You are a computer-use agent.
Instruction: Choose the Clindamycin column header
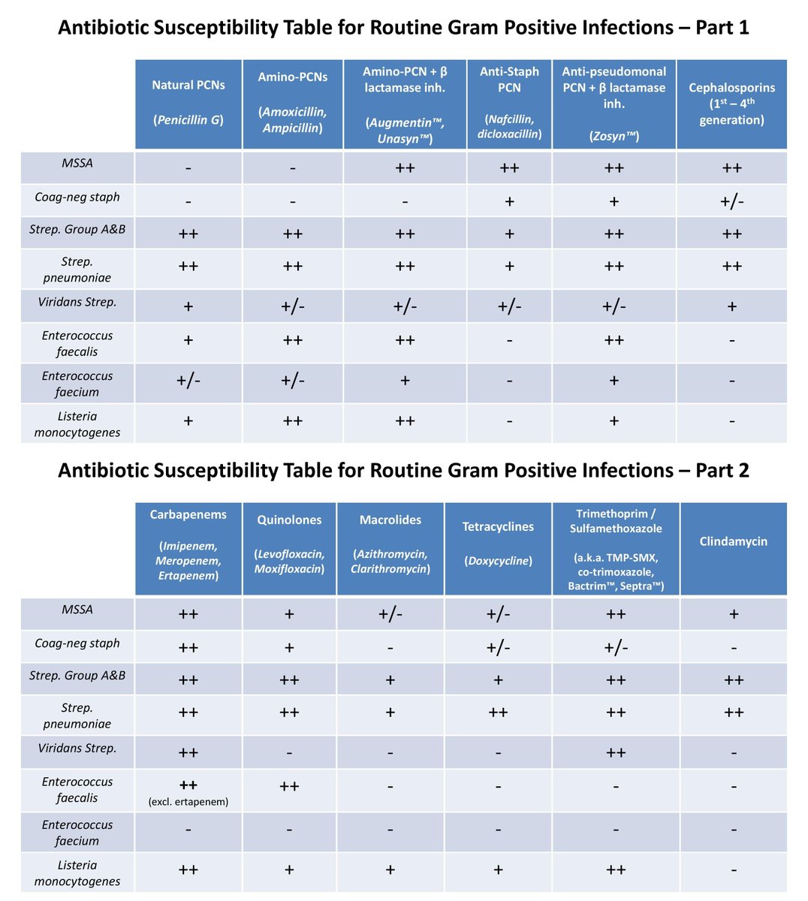pos(733,541)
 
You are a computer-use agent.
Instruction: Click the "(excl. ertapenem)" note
pos(188,802)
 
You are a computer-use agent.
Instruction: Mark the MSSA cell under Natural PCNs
pos(188,167)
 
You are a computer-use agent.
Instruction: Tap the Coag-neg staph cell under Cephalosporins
pos(731,201)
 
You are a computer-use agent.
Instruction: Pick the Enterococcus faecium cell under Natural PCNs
pos(188,381)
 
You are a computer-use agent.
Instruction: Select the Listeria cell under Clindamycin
pos(733,870)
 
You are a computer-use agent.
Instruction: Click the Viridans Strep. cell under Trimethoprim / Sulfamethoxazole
pos(616,752)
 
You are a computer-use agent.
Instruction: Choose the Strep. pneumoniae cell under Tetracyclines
pos(498,713)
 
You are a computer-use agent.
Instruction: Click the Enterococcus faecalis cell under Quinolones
pos(289,786)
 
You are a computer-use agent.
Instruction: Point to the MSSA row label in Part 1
pos(77,163)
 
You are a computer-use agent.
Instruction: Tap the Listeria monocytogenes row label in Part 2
pos(77,873)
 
